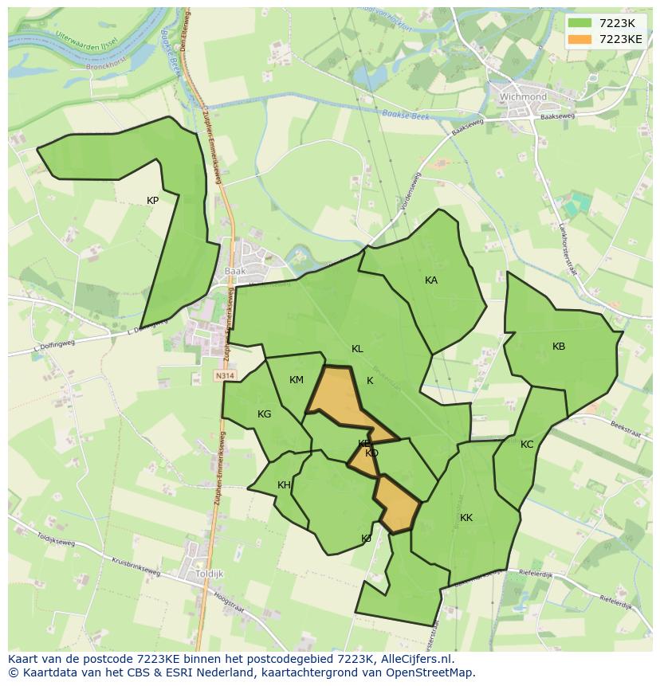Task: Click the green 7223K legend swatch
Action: [579, 23]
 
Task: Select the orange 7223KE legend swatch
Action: [579, 39]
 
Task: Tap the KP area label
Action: [152, 201]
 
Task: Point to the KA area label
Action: [431, 280]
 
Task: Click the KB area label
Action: [559, 347]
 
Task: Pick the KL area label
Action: [357, 349]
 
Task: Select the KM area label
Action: [297, 380]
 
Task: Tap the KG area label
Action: [265, 414]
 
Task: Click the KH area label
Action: [284, 485]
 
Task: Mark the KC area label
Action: [527, 445]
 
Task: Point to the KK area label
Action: [466, 518]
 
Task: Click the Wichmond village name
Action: [523, 97]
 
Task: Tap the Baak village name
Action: [235, 271]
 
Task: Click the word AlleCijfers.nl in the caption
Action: [415, 659]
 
